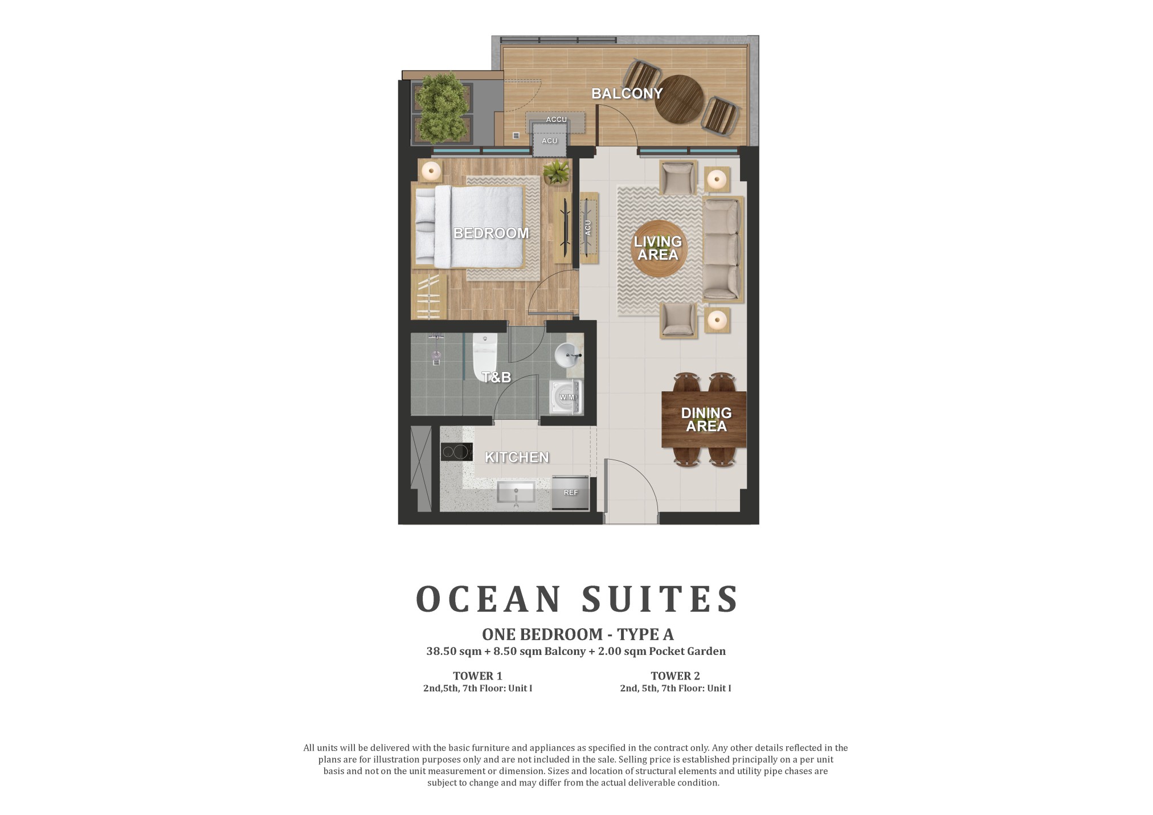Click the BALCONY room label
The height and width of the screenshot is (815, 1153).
[x=627, y=93]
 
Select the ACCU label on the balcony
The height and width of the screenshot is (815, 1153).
[x=556, y=120]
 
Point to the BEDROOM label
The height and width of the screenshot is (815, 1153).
[x=490, y=233]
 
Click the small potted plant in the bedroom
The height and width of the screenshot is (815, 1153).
[x=556, y=173]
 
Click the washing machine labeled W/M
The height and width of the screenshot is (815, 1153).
[x=566, y=398]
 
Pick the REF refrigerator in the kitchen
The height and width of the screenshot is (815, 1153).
[x=570, y=492]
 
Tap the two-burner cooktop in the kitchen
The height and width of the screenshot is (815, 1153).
[x=457, y=452]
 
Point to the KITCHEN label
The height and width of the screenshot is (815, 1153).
[x=517, y=457]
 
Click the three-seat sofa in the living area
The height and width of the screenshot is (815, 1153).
[x=722, y=249]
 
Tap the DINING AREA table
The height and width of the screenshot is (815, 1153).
[x=704, y=419]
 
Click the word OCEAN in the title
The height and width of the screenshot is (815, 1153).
[x=489, y=599]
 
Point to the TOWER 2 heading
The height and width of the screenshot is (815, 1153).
[x=675, y=676]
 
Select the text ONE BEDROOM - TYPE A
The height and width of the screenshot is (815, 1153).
[x=578, y=634]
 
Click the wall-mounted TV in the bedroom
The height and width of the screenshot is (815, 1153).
[x=566, y=228]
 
